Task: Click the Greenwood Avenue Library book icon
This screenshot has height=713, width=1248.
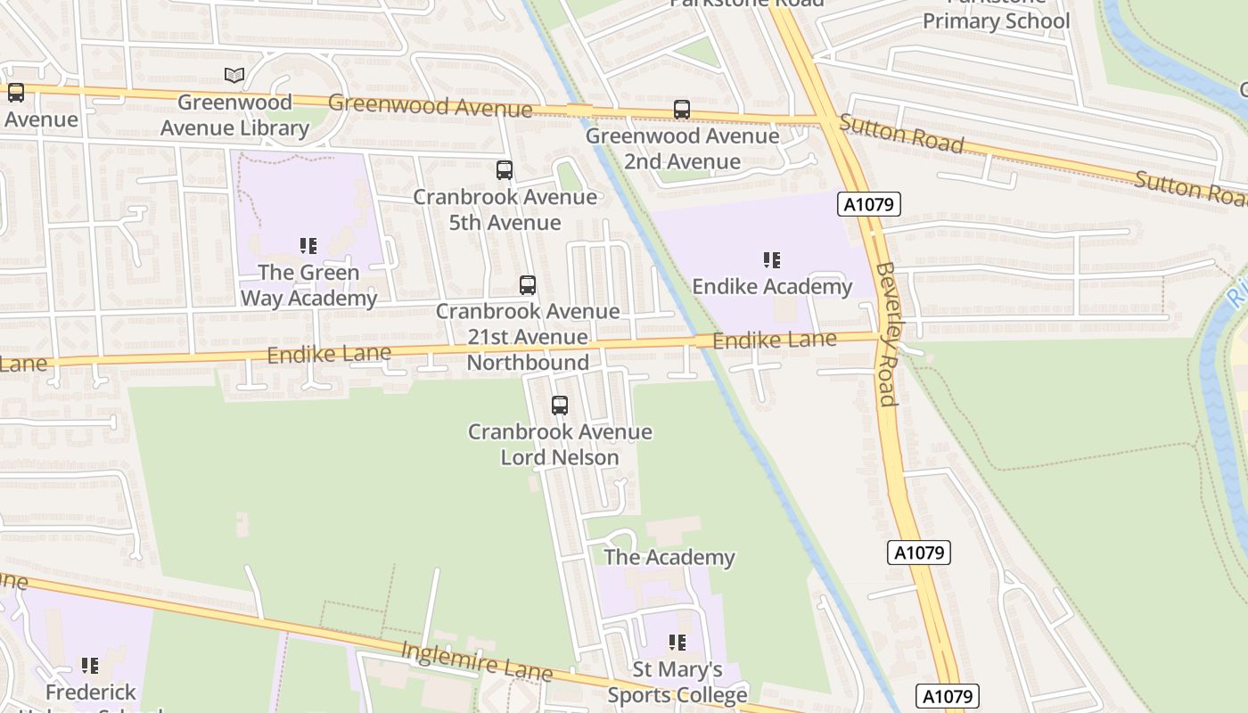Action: (234, 76)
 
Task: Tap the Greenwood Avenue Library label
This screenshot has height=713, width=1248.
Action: (234, 115)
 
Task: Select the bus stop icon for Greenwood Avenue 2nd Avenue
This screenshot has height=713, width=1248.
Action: (682, 110)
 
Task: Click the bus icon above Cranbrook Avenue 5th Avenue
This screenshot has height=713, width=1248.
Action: (505, 169)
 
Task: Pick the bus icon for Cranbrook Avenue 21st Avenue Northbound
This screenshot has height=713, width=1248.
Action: (528, 285)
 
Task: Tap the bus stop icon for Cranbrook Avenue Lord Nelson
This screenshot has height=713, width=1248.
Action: (560, 406)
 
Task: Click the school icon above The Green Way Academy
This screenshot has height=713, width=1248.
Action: (308, 246)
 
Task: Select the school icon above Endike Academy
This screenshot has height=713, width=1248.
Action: (772, 260)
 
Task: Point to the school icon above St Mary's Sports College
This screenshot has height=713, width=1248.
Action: (677, 643)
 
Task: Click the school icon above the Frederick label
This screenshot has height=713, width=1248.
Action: (90, 666)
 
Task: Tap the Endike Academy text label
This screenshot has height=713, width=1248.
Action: (772, 287)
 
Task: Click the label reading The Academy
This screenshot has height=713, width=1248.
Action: (669, 558)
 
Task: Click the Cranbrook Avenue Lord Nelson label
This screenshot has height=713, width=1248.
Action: (560, 445)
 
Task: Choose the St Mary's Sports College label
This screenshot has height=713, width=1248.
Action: (677, 682)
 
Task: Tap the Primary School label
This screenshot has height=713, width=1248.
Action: (996, 20)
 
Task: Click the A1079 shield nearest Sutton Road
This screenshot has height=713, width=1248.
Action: (870, 205)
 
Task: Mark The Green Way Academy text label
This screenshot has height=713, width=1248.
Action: (308, 285)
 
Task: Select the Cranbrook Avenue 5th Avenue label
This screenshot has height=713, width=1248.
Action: (505, 209)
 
